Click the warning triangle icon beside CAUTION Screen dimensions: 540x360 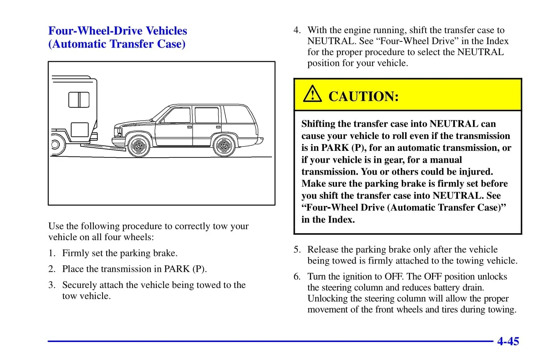(312, 94)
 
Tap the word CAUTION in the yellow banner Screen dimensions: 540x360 (364, 96)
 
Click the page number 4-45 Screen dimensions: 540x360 (508, 341)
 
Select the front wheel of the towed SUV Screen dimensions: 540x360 (139, 146)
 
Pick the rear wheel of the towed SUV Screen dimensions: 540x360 (224, 146)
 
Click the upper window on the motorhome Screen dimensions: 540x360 (79, 100)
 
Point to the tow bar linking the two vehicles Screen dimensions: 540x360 (103, 147)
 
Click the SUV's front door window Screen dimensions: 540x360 (177, 116)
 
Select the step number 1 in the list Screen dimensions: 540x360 (52, 253)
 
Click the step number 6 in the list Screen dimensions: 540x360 (297, 276)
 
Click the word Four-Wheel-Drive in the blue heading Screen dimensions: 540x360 (96, 31)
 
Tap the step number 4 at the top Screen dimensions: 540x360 (297, 30)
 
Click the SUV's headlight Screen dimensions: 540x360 (119, 132)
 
